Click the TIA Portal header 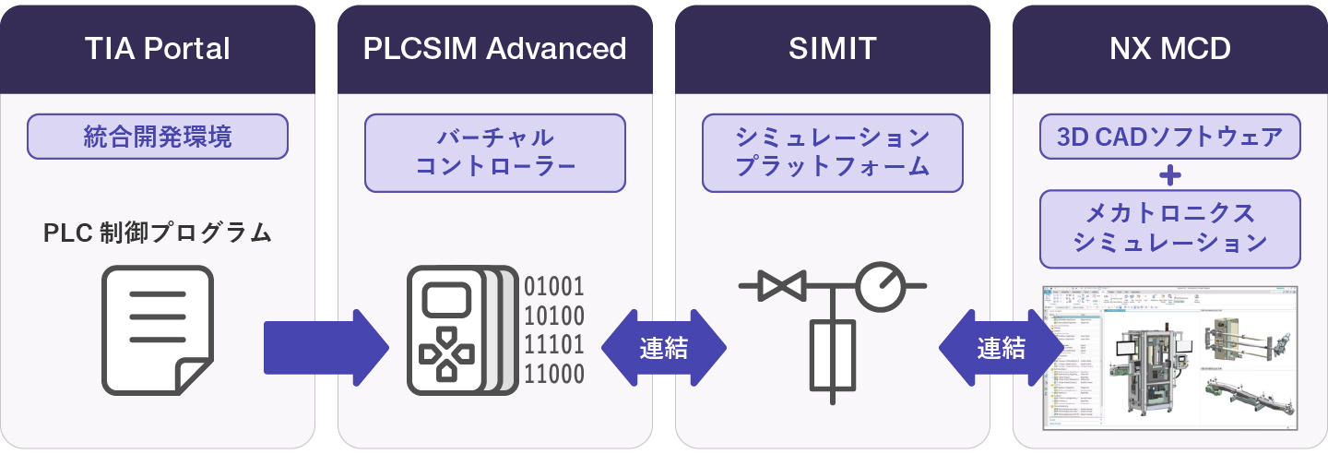157,49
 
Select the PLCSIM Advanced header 494,49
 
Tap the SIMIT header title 832,49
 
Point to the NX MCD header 1169,49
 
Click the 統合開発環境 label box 158,137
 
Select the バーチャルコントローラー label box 495,152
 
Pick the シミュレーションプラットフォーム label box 832,152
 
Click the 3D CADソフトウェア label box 1169,137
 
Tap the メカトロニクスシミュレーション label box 1169,229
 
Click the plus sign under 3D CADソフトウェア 1169,174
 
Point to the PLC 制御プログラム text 158,233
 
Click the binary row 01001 554,286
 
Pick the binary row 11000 554,374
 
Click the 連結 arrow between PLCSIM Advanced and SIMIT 663,348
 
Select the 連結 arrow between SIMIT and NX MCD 1001,348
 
